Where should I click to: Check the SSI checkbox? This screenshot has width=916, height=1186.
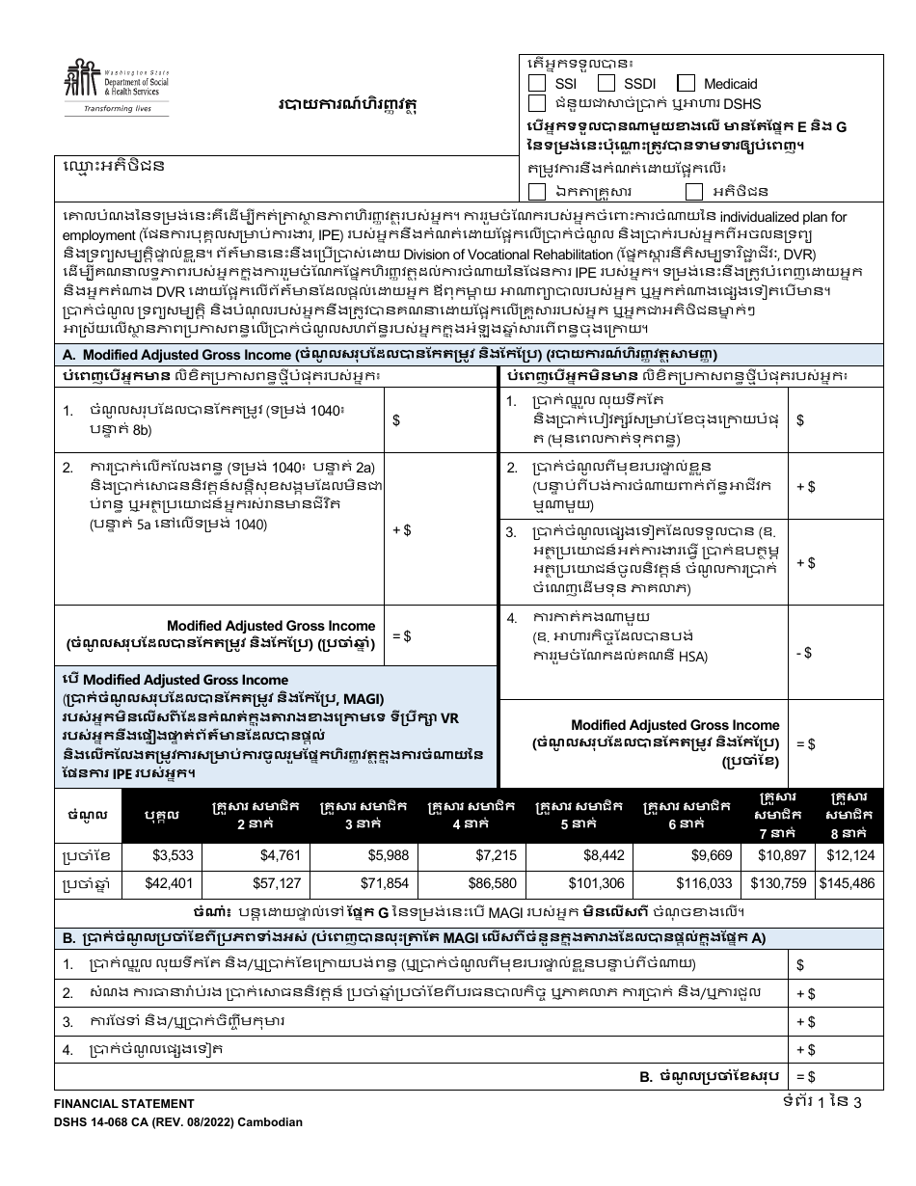click(x=537, y=84)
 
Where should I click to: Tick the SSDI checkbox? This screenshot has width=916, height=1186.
click(x=607, y=84)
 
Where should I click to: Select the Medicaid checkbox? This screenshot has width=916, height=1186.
click(x=686, y=84)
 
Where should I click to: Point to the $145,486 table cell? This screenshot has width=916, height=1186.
click(x=846, y=883)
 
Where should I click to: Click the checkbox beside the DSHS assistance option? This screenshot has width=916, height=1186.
click(x=537, y=103)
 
